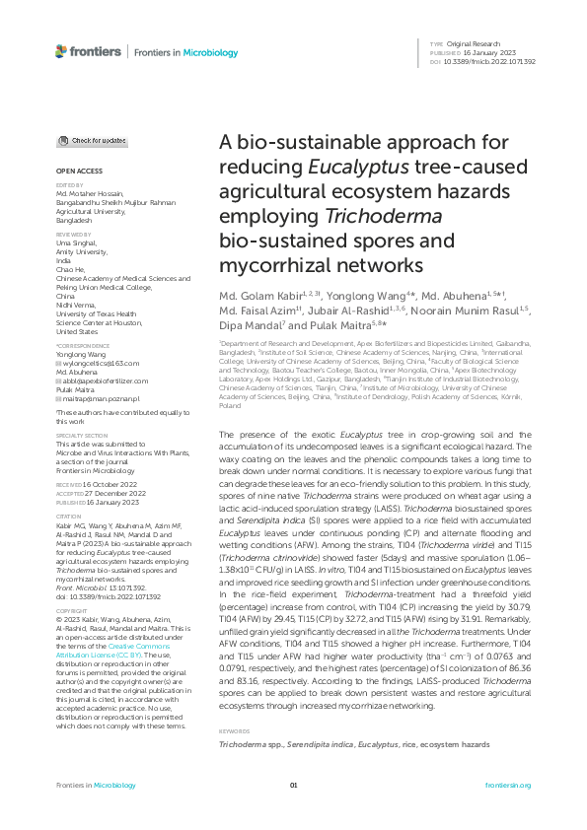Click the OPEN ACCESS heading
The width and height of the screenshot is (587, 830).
coord(72,172)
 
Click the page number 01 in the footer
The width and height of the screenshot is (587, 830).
coord(293,785)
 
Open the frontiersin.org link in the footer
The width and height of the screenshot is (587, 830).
coord(508,785)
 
